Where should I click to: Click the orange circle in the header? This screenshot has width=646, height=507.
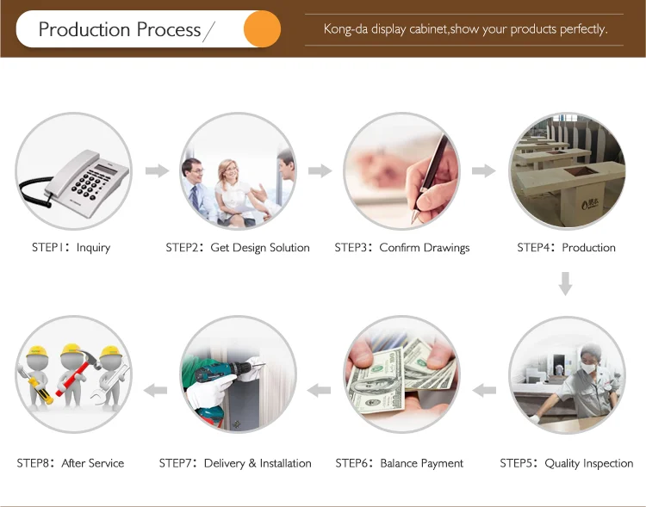point(261,29)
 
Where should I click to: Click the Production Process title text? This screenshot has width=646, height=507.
point(120,30)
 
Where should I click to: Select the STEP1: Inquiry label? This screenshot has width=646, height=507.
point(71,248)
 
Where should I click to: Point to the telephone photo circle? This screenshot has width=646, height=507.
point(73,170)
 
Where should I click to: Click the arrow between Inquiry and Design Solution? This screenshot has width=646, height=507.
point(157,170)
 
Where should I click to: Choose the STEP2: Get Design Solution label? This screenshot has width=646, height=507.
point(238,248)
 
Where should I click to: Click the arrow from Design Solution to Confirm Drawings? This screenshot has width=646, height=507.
point(320,170)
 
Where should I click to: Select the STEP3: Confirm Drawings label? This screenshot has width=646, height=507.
point(402,248)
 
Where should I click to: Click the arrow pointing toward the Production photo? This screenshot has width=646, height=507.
point(484,170)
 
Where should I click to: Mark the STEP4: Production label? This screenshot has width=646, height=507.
point(566,248)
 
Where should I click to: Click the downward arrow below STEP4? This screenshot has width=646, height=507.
point(565,282)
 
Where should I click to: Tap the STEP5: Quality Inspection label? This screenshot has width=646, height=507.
point(566,463)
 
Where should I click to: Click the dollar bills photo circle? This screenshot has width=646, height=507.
point(402,375)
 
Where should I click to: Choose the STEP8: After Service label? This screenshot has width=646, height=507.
point(71,463)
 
